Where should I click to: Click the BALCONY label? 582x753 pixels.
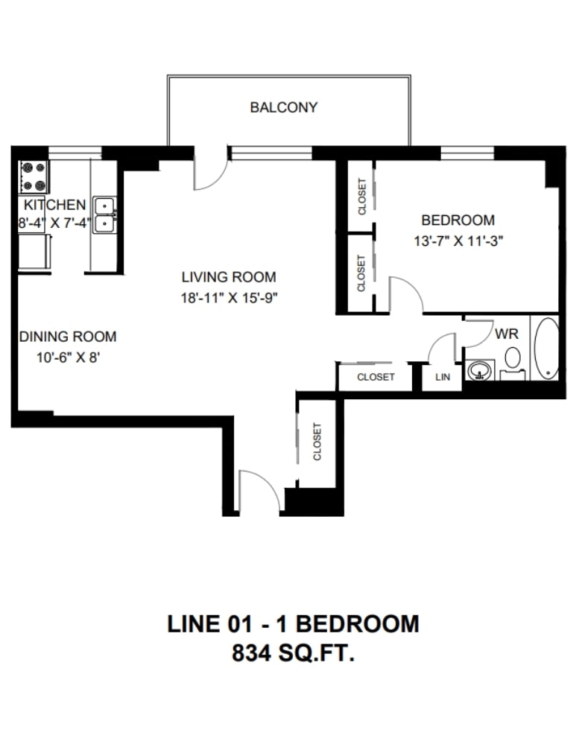[x=284, y=107]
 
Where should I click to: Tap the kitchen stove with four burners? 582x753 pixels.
[x=34, y=177]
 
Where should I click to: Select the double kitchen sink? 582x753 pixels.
[x=104, y=215]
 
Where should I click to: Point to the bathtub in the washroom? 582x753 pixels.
[x=546, y=348]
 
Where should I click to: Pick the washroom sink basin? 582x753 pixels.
[x=479, y=370]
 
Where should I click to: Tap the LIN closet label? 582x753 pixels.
[x=443, y=377]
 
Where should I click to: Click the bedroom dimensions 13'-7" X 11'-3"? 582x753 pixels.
[x=458, y=241]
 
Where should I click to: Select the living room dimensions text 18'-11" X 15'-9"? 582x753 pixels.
[x=229, y=298]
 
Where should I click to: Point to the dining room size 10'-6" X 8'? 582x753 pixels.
[x=68, y=358]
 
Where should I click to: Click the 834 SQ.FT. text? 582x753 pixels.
[x=293, y=653]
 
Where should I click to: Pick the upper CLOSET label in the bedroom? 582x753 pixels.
[x=362, y=197]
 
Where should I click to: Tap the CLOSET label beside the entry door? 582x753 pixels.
[x=317, y=442]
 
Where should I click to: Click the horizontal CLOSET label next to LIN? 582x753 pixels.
[x=376, y=377]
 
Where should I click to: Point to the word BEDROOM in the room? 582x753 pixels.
[x=458, y=220]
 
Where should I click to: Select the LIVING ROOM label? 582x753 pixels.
[x=229, y=277]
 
